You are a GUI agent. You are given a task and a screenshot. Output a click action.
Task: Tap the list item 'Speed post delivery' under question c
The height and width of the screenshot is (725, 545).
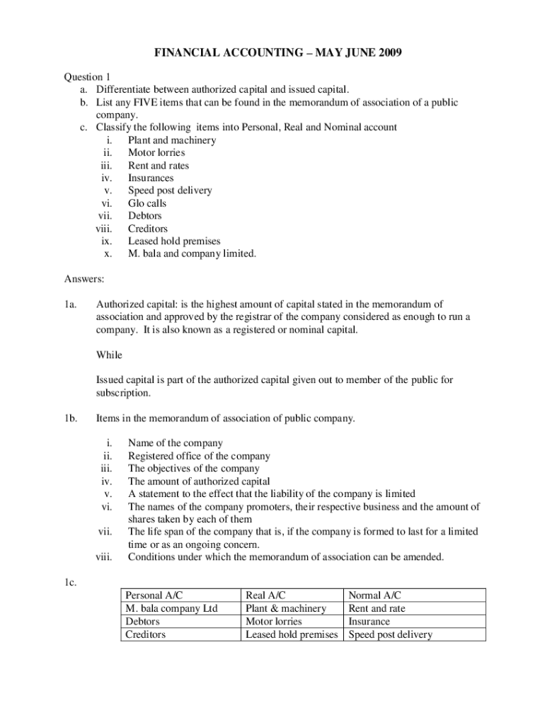(x=170, y=190)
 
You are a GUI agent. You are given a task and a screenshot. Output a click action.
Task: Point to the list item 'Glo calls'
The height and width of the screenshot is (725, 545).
(x=147, y=203)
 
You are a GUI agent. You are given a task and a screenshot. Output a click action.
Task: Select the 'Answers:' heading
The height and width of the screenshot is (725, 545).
(x=84, y=279)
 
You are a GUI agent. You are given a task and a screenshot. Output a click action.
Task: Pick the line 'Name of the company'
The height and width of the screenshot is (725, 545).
(x=176, y=443)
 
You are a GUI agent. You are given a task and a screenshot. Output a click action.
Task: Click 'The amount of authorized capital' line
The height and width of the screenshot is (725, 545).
(x=199, y=481)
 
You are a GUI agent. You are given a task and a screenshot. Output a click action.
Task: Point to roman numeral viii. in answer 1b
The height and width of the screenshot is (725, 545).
(x=104, y=557)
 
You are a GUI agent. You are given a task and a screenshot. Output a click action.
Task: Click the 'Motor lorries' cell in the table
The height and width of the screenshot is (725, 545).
(x=274, y=622)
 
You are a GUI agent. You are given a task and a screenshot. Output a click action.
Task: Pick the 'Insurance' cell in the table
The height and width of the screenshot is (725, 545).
(x=369, y=622)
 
